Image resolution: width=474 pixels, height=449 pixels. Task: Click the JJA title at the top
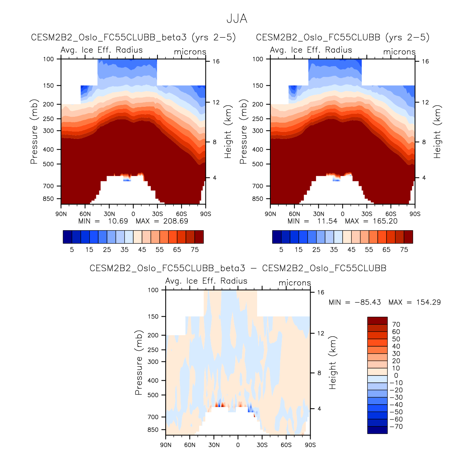click(236, 18)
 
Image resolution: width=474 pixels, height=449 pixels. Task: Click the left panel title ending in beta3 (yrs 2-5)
click(133, 37)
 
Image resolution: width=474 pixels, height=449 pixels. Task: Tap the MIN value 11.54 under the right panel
click(328, 221)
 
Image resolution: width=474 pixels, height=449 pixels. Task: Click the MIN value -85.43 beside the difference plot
click(371, 302)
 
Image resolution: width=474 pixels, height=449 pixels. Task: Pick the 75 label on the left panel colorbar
click(195, 250)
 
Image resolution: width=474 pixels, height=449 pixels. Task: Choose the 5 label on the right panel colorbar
click(281, 250)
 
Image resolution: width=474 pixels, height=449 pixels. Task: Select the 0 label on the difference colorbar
click(396, 375)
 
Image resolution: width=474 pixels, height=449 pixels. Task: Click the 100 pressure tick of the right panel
click(258, 59)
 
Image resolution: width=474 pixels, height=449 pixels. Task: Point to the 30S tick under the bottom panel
click(262, 445)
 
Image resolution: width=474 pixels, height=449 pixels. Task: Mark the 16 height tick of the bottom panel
click(321, 292)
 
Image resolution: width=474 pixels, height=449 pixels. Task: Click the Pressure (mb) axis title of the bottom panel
click(139, 363)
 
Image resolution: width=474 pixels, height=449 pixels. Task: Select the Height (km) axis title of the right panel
click(437, 132)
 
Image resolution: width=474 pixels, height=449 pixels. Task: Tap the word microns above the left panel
click(190, 52)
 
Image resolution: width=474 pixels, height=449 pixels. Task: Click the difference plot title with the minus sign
click(238, 268)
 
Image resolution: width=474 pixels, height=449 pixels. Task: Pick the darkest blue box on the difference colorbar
click(377, 430)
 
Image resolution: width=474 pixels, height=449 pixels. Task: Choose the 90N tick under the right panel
click(270, 214)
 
